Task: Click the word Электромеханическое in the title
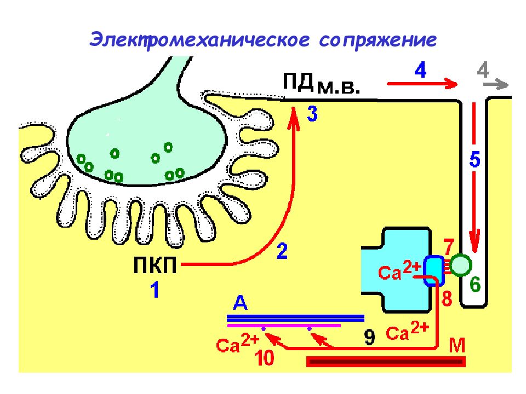tap(199, 40)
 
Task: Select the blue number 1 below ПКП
tap(155, 290)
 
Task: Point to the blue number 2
tap(282, 251)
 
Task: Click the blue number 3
tap(312, 114)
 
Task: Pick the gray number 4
tap(483, 70)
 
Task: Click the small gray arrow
tap(496, 84)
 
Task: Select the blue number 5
tap(474, 159)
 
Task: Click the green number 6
tap(475, 285)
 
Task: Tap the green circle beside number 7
tap(461, 265)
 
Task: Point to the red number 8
tap(447, 298)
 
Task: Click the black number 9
tap(370, 337)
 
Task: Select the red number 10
tap(265, 357)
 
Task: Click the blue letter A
tap(240, 303)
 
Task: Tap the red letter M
tap(457, 345)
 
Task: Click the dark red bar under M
tap(386, 362)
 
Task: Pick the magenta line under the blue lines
tap(284, 325)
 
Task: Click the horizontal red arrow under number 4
tap(422, 84)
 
